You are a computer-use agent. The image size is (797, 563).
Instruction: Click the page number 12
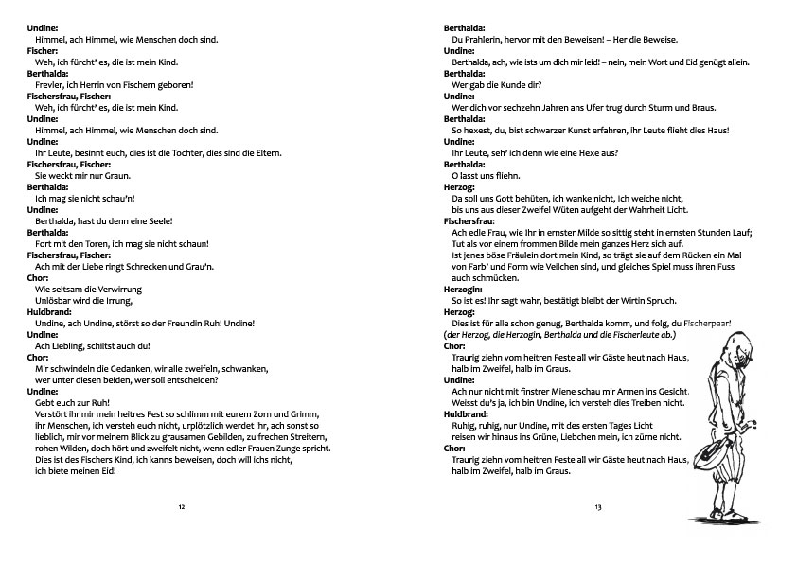[x=182, y=508]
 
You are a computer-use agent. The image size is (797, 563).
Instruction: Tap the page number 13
[x=598, y=508]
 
